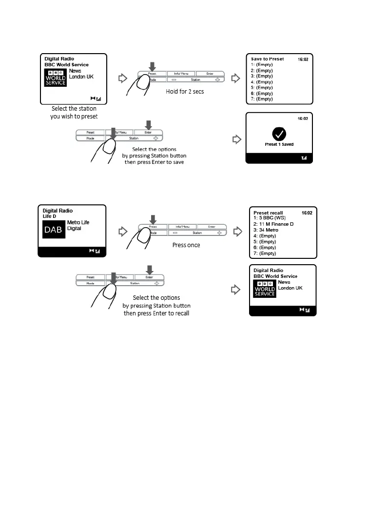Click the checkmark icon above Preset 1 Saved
pos(279,133)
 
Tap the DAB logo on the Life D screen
pos(53,230)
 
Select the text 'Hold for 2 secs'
pos(185,92)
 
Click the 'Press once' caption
pos(186,245)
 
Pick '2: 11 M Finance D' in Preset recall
pos(273,224)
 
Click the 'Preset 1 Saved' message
pos(279,144)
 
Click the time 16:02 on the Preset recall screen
pos(307,213)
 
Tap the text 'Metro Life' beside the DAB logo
pos(78,223)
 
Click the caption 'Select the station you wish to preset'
pos(74,112)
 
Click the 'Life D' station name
pos(50,216)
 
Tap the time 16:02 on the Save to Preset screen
pos(303,59)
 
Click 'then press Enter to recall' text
pos(156,313)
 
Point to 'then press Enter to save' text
pos(154,162)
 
